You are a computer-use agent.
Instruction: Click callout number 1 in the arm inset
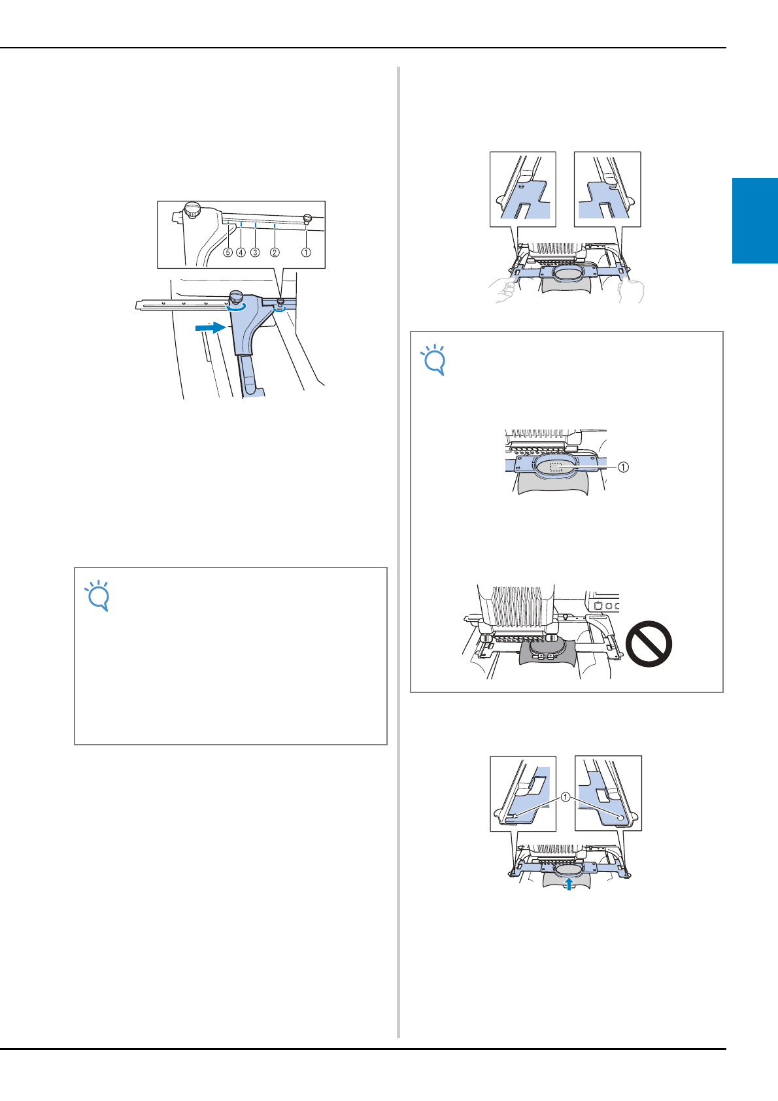[306, 252]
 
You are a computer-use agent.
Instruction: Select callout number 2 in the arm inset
[275, 252]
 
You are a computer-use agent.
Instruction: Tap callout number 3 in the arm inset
[255, 252]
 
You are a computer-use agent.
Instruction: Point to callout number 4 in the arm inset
[241, 252]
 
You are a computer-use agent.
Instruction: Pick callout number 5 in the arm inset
[228, 252]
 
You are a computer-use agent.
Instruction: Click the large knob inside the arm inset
[193, 209]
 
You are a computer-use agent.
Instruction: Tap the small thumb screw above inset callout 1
[308, 218]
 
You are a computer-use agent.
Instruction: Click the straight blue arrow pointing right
[211, 328]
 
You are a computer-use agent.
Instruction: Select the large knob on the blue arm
[237, 297]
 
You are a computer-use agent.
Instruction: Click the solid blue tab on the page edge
[755, 221]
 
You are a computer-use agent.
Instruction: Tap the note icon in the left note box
[97, 596]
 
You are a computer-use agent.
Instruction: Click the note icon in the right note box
[433, 360]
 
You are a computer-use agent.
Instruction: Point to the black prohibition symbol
[649, 644]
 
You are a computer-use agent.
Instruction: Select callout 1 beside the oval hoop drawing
[622, 467]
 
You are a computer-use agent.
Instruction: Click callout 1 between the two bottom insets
[566, 797]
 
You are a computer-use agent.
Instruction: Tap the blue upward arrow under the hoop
[569, 884]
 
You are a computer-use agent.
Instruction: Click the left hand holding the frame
[502, 290]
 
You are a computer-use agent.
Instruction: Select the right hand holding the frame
[631, 291]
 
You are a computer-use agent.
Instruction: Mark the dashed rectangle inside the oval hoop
[556, 467]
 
